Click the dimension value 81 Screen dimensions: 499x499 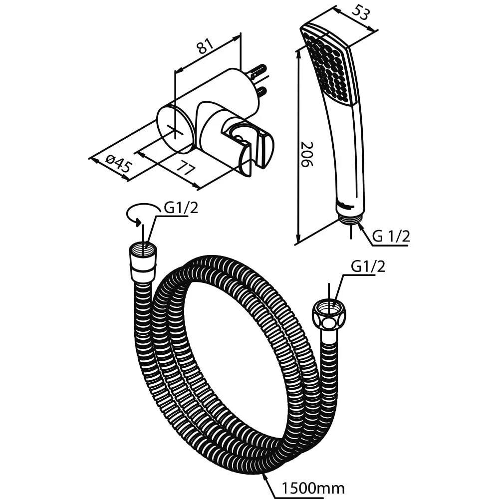pos(206,47)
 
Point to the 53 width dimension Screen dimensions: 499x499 pos(360,13)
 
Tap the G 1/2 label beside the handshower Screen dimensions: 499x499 pos(391,237)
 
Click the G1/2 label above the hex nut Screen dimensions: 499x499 pos(368,266)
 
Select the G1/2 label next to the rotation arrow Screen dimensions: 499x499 pos(181,208)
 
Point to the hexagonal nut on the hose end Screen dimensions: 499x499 pos(329,315)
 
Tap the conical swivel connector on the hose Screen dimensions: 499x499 pos(143,262)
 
